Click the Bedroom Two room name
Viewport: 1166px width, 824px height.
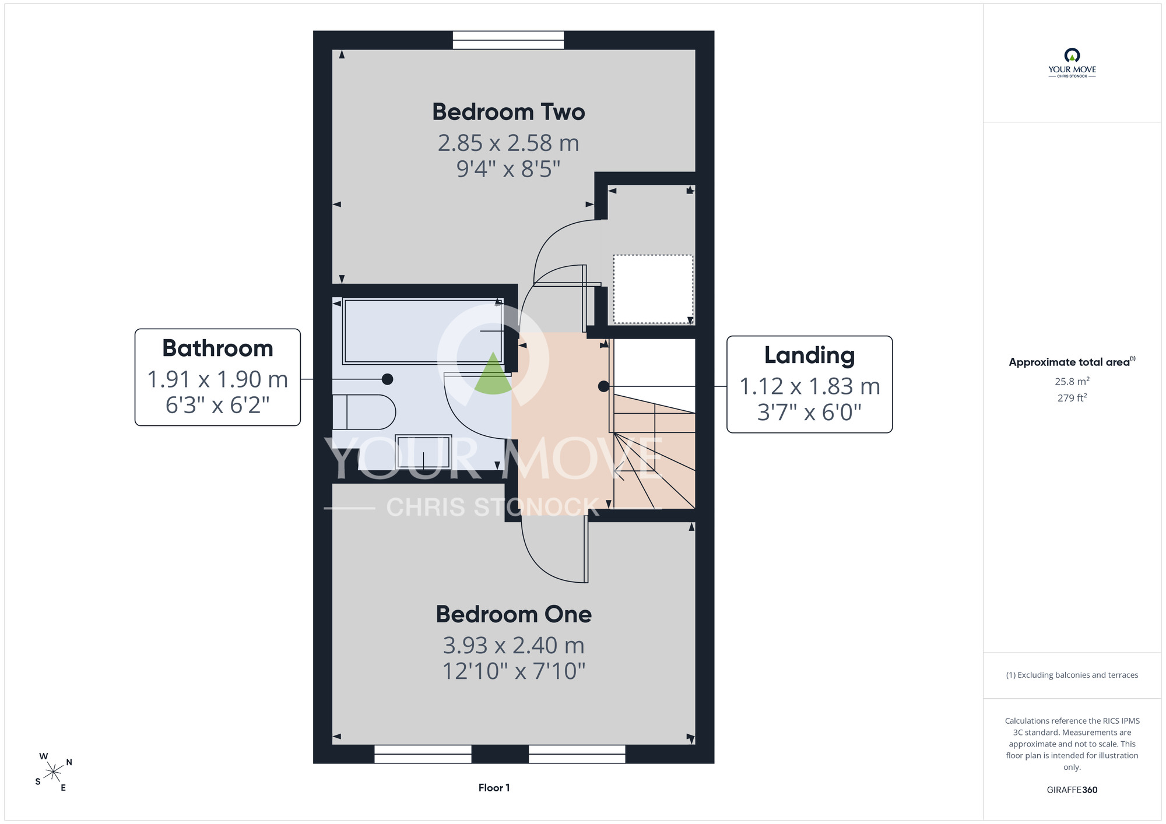pos(508,112)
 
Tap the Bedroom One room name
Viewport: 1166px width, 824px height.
pos(514,614)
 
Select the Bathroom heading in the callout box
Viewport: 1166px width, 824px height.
pos(217,348)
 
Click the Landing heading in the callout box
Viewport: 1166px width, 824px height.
pos(809,356)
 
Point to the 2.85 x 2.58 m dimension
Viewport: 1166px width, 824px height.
pos(508,143)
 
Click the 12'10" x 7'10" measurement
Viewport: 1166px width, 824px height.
pos(514,671)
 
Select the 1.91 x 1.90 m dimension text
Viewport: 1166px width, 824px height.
pos(217,379)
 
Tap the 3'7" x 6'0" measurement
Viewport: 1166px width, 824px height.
pos(809,413)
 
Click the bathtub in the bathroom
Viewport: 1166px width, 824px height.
pos(423,331)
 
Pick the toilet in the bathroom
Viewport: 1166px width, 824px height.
pos(364,413)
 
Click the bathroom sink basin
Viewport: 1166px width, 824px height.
pos(423,452)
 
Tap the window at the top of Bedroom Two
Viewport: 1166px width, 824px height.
pos(508,40)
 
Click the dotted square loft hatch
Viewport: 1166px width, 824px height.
pos(653,289)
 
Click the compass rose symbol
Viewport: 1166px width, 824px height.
pos(54,773)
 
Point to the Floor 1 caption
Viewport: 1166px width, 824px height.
pos(494,788)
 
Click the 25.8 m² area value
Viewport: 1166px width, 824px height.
pos(1072,381)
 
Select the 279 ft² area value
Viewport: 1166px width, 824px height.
pos(1072,397)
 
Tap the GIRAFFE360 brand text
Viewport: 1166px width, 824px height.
pos(1072,790)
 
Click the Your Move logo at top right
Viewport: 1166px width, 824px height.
pos(1072,63)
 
